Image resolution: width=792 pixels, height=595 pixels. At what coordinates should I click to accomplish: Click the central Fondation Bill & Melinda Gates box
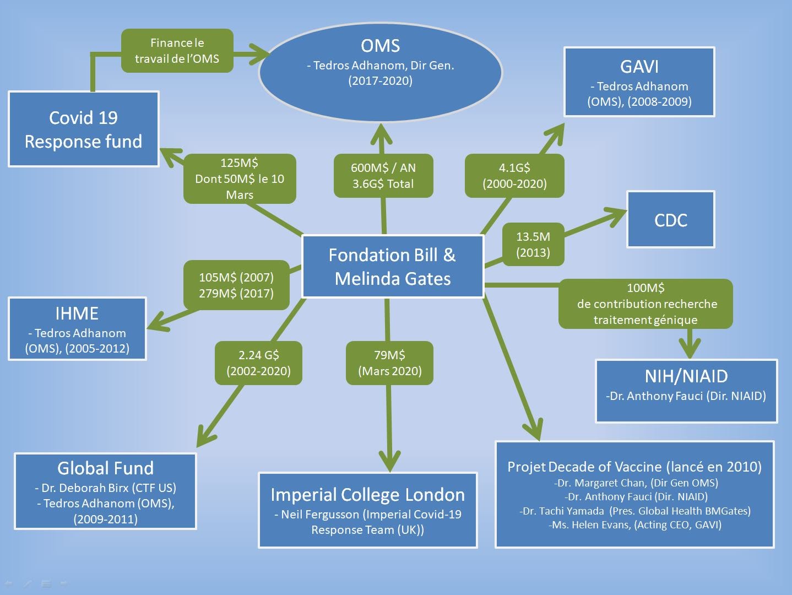point(393,267)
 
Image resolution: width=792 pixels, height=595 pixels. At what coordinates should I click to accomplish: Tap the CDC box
point(670,220)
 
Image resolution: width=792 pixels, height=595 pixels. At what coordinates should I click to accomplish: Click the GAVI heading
point(639,67)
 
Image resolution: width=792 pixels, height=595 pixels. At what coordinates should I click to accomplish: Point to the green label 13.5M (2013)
point(533,245)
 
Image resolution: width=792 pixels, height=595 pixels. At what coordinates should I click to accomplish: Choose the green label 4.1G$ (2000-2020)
point(514,176)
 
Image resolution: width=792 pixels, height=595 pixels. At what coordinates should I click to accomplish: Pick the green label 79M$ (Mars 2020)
point(389,363)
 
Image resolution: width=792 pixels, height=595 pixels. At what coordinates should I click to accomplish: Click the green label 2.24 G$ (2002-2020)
point(258,363)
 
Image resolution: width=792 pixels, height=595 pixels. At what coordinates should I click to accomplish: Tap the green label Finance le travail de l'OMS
point(177,51)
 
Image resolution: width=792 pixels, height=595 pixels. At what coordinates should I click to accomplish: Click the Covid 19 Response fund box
point(83,129)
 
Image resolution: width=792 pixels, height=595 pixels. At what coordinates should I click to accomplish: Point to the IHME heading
point(77,313)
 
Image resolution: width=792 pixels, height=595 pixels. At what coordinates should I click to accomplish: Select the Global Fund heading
point(105,468)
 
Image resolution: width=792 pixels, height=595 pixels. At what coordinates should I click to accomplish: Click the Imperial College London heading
point(367,495)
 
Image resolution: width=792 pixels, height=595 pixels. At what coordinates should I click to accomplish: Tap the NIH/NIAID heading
point(686,376)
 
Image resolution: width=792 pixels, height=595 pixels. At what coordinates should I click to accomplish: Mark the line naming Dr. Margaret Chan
point(636,483)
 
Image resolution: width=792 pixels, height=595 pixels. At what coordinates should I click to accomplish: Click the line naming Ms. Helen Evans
point(635,525)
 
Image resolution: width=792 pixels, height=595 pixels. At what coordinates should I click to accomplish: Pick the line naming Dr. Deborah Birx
point(105,488)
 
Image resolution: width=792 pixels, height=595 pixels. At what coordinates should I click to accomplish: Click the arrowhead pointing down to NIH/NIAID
point(690,350)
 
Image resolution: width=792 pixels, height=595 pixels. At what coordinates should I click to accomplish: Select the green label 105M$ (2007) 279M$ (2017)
point(236,285)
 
